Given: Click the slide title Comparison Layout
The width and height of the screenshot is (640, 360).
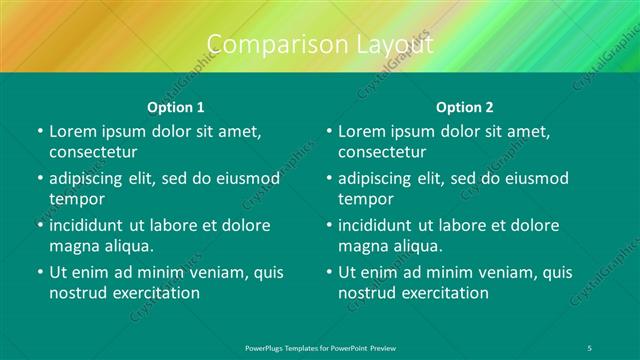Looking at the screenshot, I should coord(320,45).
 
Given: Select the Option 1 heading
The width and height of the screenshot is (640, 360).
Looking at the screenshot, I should coord(176,106).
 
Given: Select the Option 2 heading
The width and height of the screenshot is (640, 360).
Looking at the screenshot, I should coord(465,106).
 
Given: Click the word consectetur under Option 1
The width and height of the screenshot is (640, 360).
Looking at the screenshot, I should coord(93,152).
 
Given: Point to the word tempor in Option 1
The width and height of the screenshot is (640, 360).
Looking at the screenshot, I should coord(76,198).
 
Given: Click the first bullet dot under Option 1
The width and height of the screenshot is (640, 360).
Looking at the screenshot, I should coord(38,131).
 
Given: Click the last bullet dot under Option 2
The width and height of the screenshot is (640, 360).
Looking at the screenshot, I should coord(328,272).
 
